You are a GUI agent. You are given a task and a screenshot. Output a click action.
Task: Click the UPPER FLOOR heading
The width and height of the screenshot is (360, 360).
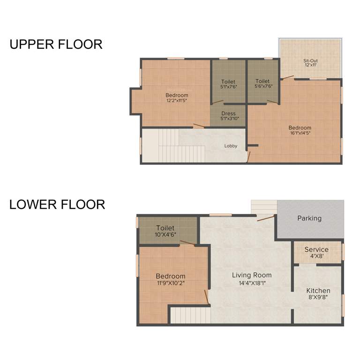56,45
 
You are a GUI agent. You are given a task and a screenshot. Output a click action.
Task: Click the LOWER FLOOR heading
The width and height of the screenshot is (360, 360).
57,205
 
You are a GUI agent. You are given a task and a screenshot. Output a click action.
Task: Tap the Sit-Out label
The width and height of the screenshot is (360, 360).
310,60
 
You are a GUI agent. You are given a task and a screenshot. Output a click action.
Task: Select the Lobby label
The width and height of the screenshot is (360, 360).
231,146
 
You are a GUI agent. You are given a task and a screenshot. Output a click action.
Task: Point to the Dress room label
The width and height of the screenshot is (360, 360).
229,113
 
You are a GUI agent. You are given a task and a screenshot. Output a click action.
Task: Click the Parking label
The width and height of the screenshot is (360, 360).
309,218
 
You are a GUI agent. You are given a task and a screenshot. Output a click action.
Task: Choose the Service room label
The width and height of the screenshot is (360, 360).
316,249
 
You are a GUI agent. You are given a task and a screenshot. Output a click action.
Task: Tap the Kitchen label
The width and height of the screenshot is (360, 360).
318,291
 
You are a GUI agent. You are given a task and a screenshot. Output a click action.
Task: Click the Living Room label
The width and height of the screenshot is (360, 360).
252,275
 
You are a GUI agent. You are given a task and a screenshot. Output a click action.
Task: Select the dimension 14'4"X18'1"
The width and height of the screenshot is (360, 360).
252,283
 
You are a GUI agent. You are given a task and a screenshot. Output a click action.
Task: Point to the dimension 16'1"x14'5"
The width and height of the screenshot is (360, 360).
300,133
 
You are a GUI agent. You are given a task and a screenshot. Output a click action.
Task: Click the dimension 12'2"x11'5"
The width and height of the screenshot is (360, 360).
177,100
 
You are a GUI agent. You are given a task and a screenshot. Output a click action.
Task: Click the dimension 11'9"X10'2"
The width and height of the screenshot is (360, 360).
171,283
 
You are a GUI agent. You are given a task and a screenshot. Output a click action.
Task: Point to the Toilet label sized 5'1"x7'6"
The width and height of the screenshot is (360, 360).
228,82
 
